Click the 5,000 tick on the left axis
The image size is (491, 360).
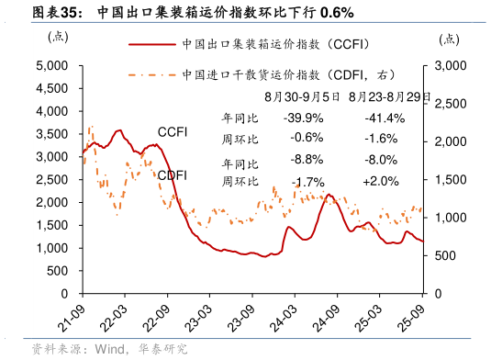[x=52, y=65]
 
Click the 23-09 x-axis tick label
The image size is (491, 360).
[x=243, y=313]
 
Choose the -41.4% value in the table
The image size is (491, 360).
[x=385, y=118]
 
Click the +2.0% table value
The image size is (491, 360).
[x=381, y=182]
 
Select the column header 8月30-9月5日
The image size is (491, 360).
[x=303, y=96]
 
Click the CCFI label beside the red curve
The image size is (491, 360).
[x=173, y=132]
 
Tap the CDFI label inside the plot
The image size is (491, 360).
[x=173, y=175]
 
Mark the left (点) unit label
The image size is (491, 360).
[x=57, y=37]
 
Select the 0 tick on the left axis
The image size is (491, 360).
[x=64, y=294]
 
